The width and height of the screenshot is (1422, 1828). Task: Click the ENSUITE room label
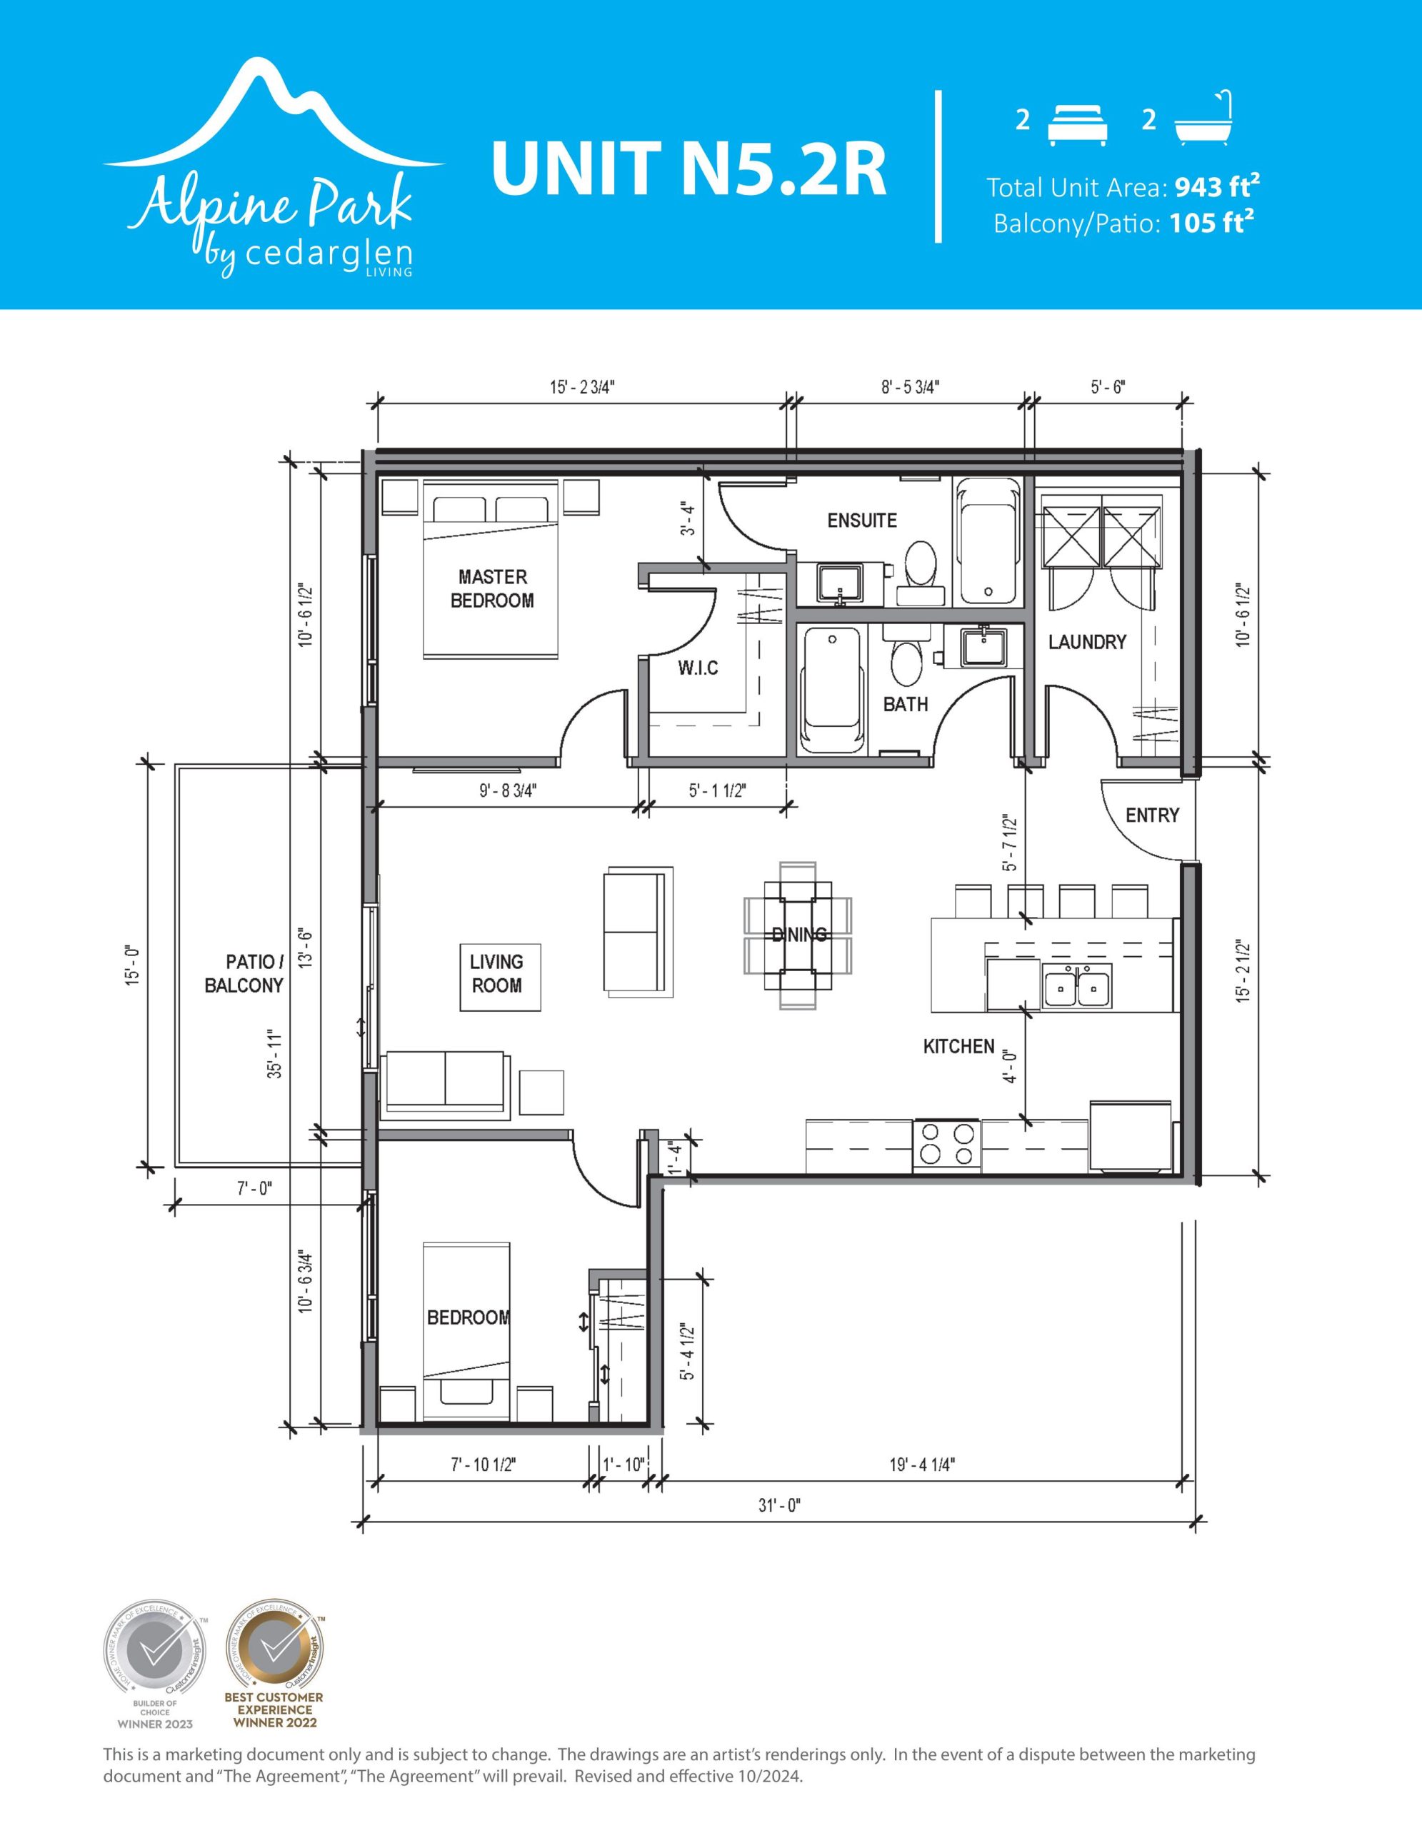coord(861,521)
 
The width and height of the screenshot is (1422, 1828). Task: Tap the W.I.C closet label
coord(698,668)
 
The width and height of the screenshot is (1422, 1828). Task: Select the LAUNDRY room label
coord(1087,642)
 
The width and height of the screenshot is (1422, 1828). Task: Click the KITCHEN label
coord(959,1046)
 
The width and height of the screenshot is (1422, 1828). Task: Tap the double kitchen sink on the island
coord(1077,985)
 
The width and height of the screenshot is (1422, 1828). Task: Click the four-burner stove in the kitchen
coord(946,1145)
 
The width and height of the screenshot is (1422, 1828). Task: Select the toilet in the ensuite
coord(921,573)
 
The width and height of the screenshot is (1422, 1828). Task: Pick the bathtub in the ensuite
coord(989,541)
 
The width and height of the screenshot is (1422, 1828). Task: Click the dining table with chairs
coord(798,935)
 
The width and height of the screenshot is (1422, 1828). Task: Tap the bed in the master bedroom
coord(491,569)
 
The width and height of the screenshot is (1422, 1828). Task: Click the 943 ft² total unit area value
coord(1218,186)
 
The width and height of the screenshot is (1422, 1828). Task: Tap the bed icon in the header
coord(1078,126)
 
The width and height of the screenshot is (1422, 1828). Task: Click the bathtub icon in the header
coord(1204,117)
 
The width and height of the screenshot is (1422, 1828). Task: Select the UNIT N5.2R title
coord(688,169)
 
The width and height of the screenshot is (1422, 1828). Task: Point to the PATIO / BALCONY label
coord(244,973)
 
